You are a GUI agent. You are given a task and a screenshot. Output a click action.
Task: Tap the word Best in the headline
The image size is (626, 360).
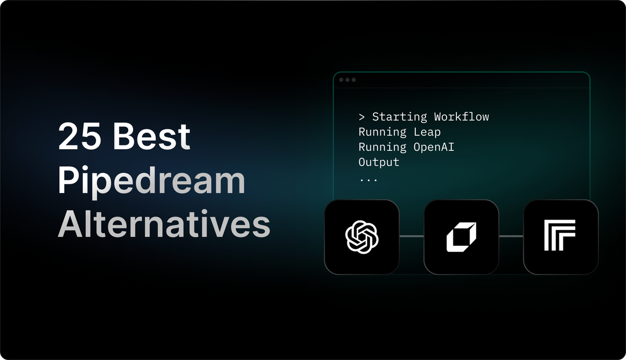[152, 136]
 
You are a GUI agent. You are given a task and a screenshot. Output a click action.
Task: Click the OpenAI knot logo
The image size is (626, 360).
[362, 236]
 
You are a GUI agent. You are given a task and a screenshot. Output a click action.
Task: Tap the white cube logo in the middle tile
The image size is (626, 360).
[461, 236]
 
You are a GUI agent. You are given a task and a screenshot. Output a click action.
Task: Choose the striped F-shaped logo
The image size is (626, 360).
[560, 235]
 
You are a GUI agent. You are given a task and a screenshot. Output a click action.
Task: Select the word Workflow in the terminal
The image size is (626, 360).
[461, 116]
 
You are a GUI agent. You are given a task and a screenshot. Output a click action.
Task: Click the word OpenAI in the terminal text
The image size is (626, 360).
[434, 147]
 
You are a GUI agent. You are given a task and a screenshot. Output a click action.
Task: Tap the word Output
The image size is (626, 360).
[379, 162]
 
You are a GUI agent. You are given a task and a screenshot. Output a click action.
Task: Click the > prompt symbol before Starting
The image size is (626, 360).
[362, 117]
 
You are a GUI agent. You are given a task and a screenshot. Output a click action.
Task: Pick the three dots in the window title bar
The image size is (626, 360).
[347, 80]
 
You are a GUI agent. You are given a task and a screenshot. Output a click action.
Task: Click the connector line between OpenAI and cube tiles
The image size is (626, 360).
[412, 236]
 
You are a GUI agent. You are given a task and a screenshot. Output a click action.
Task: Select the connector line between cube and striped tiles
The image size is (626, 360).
[511, 236]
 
